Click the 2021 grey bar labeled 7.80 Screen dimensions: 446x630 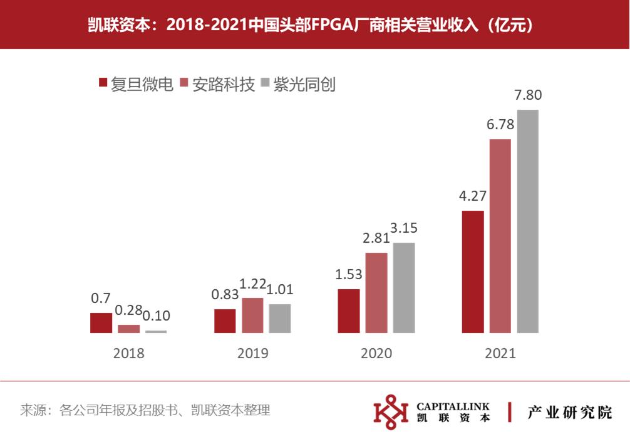pyautogui.click(x=528, y=221)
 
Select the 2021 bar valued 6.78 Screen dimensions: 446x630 pyautogui.click(x=500, y=235)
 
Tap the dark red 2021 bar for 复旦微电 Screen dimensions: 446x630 pyautogui.click(x=473, y=271)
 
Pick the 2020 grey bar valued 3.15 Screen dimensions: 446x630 pyautogui.click(x=404, y=287)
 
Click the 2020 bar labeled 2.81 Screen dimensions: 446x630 pyautogui.click(x=376, y=292)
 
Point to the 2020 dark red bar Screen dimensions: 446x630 pyautogui.click(x=349, y=311)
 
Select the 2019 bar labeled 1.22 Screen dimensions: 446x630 pyautogui.click(x=252, y=315)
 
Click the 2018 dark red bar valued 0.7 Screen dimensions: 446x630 pyautogui.click(x=101, y=322)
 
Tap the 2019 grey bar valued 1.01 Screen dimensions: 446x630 pyautogui.click(x=280, y=318)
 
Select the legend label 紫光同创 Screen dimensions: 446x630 pyautogui.click(x=304, y=84)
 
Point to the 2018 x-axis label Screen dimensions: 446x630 pyautogui.click(x=128, y=353)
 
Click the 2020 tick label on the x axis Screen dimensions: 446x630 pyautogui.click(x=376, y=353)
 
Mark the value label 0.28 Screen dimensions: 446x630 pyautogui.click(x=129, y=311)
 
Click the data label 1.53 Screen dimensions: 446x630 pyautogui.click(x=349, y=274)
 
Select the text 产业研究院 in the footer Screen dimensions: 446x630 pyautogui.click(x=569, y=412)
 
